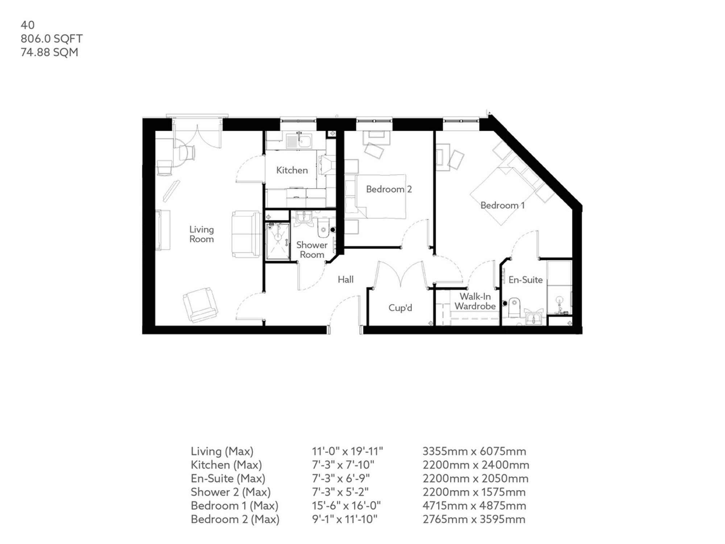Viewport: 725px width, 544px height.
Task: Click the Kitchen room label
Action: [x=292, y=170]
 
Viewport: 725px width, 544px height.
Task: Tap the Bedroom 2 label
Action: [x=389, y=189]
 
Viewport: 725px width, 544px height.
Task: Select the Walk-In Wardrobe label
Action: [x=475, y=301]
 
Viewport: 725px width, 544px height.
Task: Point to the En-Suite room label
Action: [x=525, y=280]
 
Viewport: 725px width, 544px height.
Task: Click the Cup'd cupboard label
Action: [x=400, y=308]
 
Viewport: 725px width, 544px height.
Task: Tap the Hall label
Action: [x=345, y=279]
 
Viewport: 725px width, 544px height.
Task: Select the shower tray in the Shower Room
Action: [x=278, y=241]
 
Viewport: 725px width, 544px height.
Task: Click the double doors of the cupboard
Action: [x=400, y=274]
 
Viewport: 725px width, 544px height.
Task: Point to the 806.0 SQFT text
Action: [x=51, y=38]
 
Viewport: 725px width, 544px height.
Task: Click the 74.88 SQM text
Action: [x=49, y=52]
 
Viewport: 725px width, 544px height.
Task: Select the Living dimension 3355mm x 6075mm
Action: [x=474, y=451]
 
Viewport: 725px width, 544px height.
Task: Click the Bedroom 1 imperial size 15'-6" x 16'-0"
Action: [x=346, y=506]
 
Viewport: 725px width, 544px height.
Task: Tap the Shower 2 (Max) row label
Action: [x=231, y=492]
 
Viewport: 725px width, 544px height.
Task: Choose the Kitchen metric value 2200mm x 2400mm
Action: [x=476, y=465]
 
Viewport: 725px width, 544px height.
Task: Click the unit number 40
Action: [x=28, y=25]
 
